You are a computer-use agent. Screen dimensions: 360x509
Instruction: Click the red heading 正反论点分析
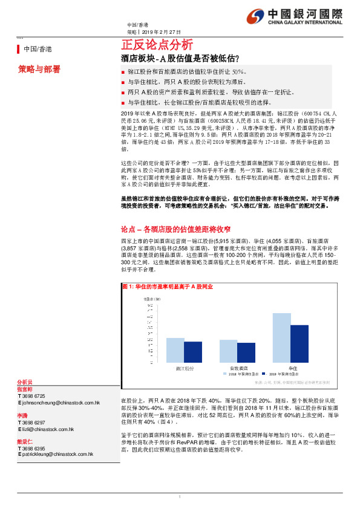pos(157,44)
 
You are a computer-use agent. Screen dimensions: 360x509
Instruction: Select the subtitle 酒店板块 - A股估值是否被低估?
pos(180,59)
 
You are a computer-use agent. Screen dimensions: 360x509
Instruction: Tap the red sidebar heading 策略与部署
pos(39,70)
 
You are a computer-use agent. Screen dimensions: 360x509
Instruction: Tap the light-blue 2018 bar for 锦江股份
pos(175,351)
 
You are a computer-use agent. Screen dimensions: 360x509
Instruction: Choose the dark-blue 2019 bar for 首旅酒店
pos(246,352)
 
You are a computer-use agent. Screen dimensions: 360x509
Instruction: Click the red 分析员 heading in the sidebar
pos(25,383)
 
